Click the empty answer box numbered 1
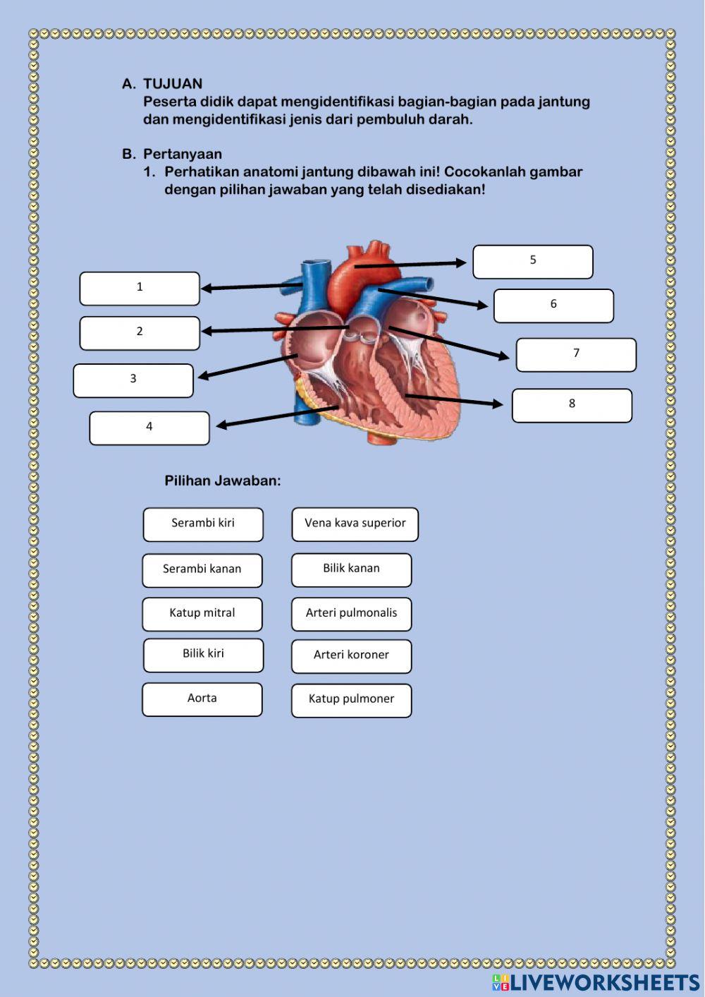(x=140, y=289)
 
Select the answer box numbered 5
(x=533, y=262)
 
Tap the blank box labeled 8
(x=572, y=406)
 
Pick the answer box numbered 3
(x=133, y=381)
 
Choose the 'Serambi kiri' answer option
(x=203, y=524)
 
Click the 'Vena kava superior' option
(x=355, y=524)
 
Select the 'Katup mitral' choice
(x=202, y=614)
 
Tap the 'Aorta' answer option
(x=202, y=699)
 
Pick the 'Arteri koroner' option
(x=351, y=656)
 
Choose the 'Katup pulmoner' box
(x=351, y=700)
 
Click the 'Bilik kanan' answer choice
(x=351, y=569)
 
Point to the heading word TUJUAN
(x=173, y=84)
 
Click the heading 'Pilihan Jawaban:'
(x=223, y=481)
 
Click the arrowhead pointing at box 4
(x=221, y=425)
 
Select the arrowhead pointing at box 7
(x=503, y=357)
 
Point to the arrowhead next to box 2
(x=207, y=330)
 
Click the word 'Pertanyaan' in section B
(x=183, y=155)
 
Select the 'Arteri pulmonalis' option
(x=351, y=614)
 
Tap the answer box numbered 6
(x=553, y=306)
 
